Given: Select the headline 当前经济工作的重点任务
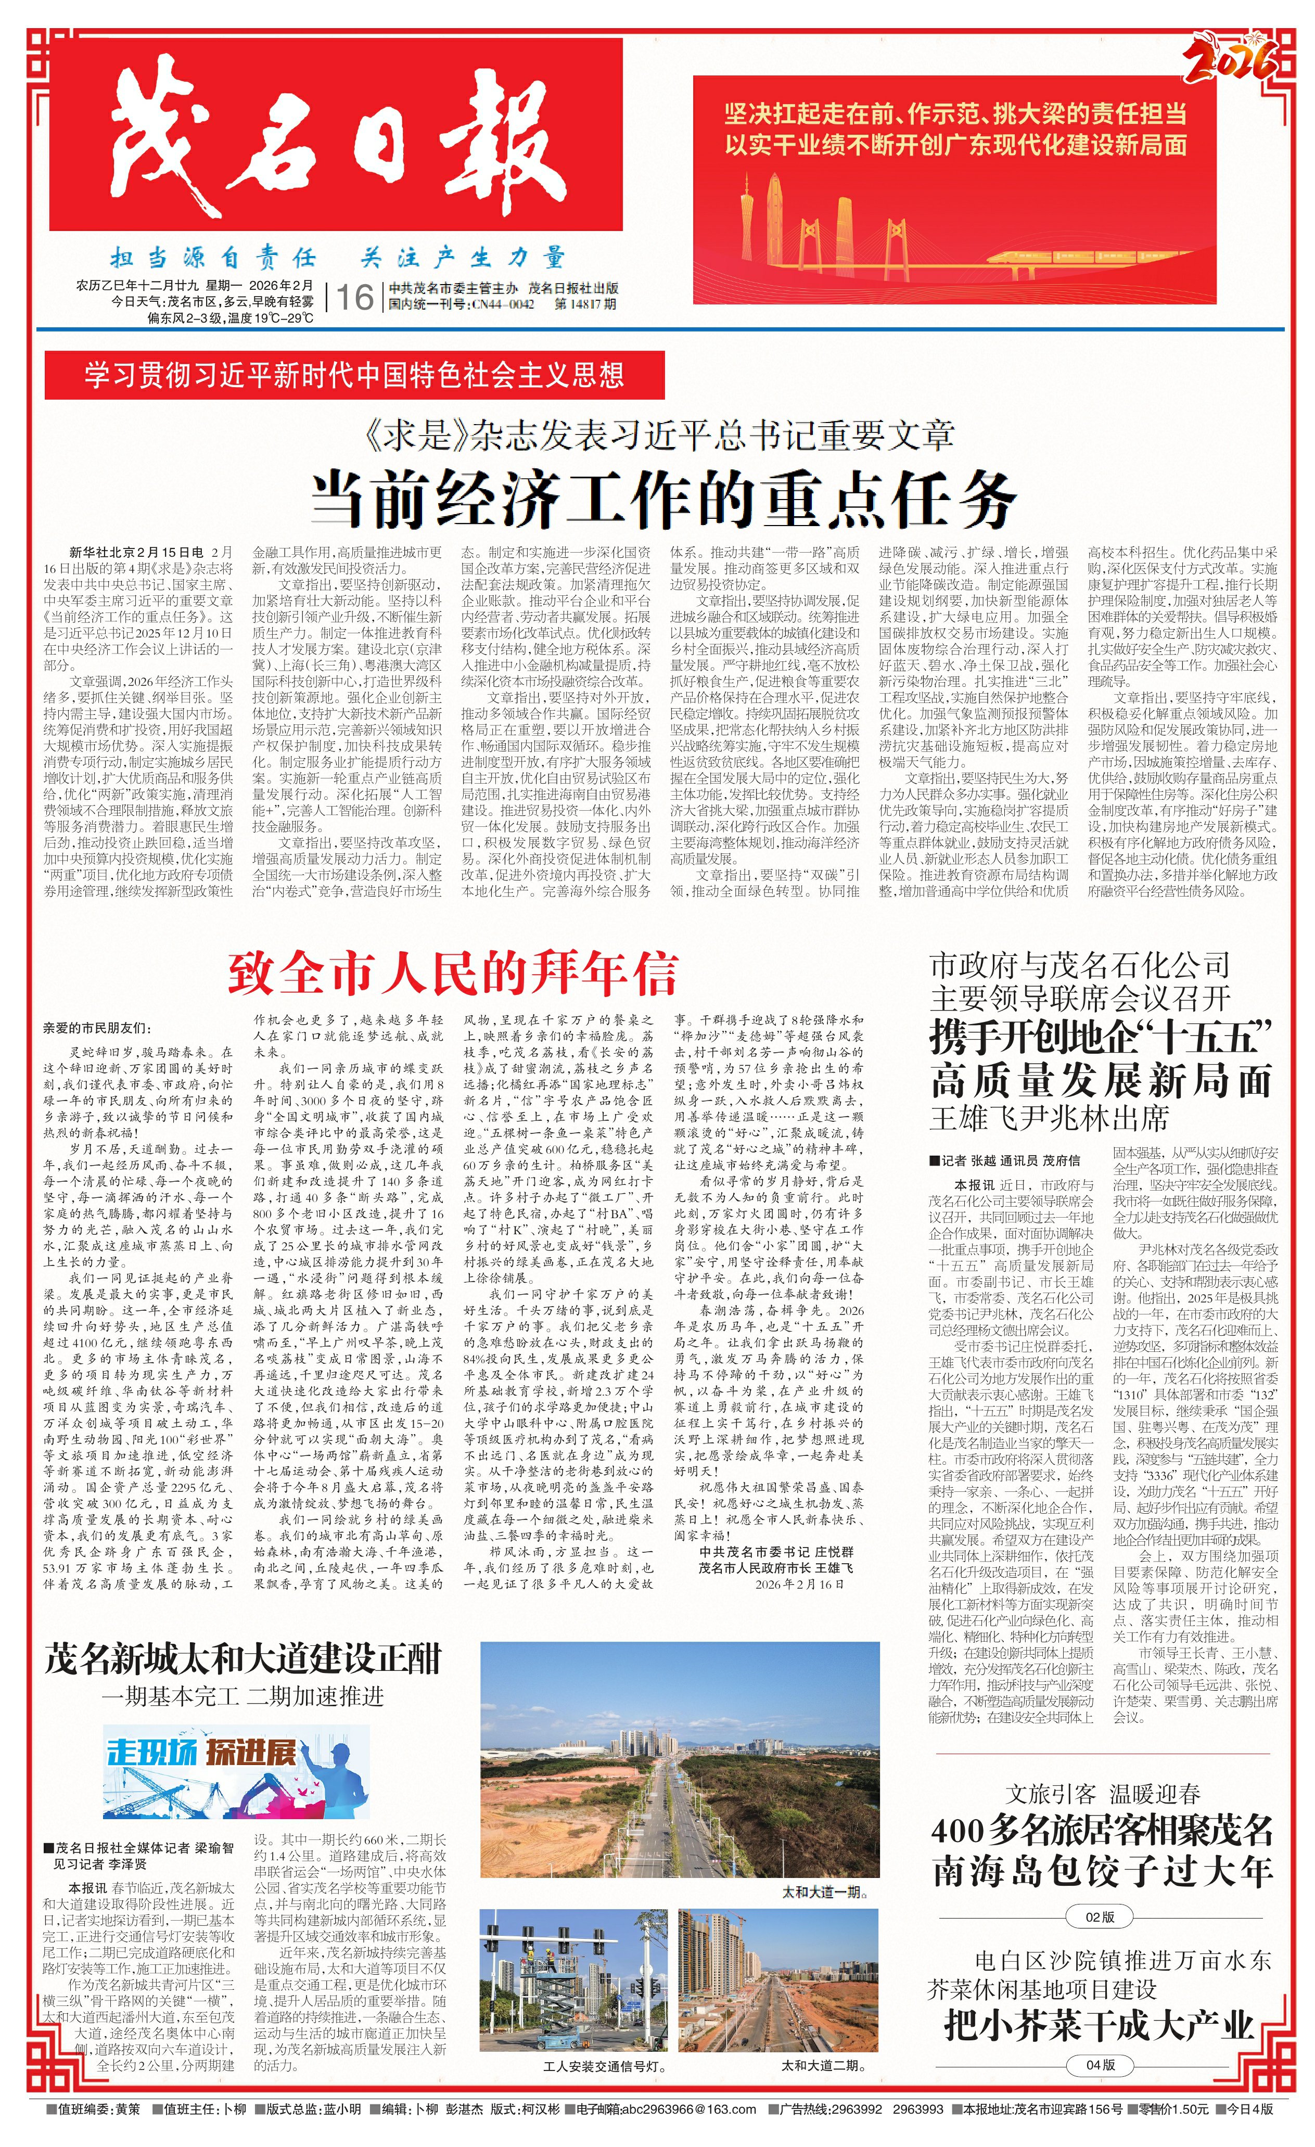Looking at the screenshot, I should tap(664, 499).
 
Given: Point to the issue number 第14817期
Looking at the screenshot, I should tap(585, 304).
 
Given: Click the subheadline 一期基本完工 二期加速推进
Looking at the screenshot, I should tap(242, 1696).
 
